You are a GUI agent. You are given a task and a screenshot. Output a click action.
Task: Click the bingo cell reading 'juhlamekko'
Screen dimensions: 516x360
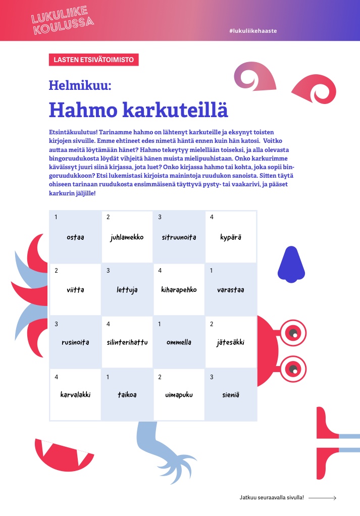(127, 237)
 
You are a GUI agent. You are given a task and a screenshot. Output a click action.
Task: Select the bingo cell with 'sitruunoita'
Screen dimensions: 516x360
(179, 237)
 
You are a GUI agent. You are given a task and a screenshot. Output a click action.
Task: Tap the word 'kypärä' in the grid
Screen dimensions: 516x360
(231, 237)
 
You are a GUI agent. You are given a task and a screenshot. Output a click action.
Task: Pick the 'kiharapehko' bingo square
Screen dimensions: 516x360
(179, 290)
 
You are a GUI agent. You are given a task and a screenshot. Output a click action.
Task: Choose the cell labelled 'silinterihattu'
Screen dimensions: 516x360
(127, 342)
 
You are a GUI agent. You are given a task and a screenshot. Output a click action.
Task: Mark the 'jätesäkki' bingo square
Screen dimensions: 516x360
(231, 342)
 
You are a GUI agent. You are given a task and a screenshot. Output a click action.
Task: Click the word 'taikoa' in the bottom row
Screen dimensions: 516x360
(127, 395)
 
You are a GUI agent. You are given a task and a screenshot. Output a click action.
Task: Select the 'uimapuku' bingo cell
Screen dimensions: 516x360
(179, 395)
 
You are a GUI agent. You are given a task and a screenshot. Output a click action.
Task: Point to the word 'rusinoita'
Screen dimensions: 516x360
(75, 342)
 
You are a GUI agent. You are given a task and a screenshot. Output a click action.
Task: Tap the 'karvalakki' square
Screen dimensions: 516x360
(75, 395)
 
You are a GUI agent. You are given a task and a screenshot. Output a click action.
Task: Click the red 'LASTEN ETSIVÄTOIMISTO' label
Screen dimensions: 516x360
(93, 60)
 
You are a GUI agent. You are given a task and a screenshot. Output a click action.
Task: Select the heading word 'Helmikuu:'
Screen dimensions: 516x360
(80, 85)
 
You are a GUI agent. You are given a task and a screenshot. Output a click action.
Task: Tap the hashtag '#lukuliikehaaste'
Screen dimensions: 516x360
(252, 31)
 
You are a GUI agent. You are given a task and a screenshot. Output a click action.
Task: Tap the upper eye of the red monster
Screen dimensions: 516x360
(293, 332)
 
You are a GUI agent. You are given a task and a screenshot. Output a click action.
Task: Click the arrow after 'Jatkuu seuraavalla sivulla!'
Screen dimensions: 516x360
(322, 498)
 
